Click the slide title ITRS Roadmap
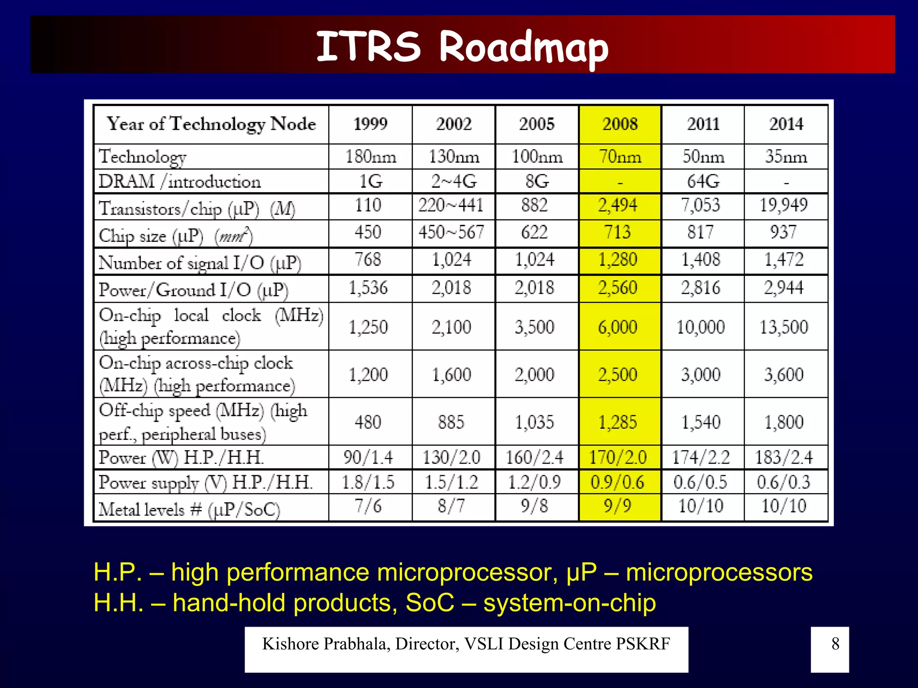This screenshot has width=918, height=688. (462, 47)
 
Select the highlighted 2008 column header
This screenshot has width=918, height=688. (619, 124)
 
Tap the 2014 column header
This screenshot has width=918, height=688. (786, 124)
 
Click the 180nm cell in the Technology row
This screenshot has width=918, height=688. (370, 157)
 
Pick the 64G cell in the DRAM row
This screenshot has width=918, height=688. (702, 181)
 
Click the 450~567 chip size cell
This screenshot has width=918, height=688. (451, 232)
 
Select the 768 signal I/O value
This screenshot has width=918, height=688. (368, 260)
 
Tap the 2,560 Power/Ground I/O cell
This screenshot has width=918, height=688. (618, 288)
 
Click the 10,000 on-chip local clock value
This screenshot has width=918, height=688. (701, 327)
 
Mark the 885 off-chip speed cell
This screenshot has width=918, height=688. (451, 422)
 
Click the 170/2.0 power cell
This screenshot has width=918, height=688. (618, 457)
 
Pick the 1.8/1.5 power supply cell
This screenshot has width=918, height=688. (368, 482)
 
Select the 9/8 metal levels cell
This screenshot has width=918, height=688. (534, 506)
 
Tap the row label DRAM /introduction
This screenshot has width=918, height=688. (179, 182)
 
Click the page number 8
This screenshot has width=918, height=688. (835, 644)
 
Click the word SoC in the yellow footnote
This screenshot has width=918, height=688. (430, 603)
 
